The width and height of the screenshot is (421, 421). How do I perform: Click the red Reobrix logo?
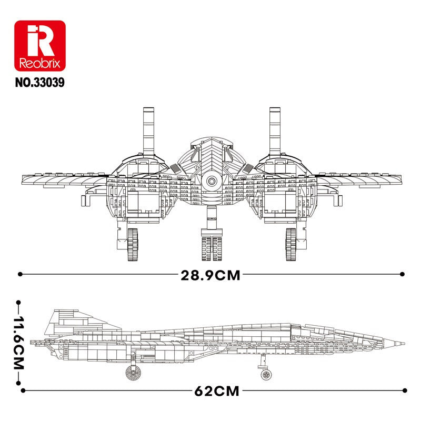(x=39, y=46)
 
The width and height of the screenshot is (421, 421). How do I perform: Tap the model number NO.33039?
(x=39, y=83)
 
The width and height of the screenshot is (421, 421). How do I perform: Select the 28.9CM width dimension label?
(x=210, y=275)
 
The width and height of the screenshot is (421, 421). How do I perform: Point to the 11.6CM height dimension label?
(x=19, y=343)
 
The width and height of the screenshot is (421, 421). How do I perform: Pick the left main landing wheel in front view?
(x=134, y=245)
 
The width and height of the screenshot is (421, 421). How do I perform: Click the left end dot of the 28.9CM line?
(x=20, y=274)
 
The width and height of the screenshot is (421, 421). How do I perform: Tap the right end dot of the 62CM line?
(x=403, y=390)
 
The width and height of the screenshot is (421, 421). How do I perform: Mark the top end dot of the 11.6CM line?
(x=19, y=302)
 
